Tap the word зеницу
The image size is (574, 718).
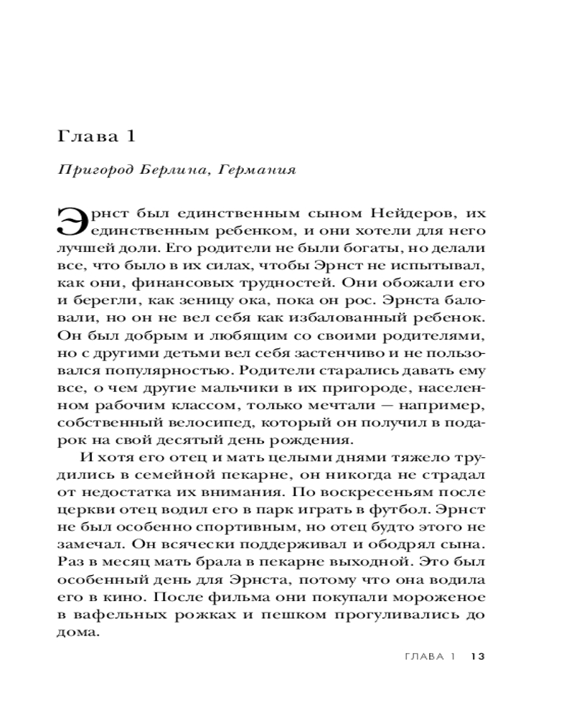(x=230, y=301)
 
